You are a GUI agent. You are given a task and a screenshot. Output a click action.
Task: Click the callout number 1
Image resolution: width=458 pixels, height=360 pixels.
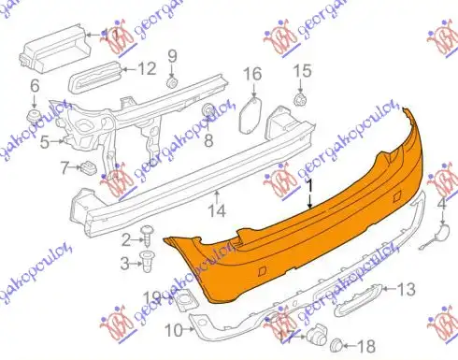pos(310,187)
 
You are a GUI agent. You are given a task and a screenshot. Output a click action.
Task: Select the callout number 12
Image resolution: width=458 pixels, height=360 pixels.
pos(148,68)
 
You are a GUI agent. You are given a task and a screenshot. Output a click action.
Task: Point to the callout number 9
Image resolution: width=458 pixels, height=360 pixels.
pos(172,56)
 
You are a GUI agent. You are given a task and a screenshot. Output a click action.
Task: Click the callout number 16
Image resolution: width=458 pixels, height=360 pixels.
pos(253,73)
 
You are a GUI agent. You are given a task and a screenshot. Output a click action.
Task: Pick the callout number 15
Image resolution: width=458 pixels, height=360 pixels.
pos(301,71)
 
